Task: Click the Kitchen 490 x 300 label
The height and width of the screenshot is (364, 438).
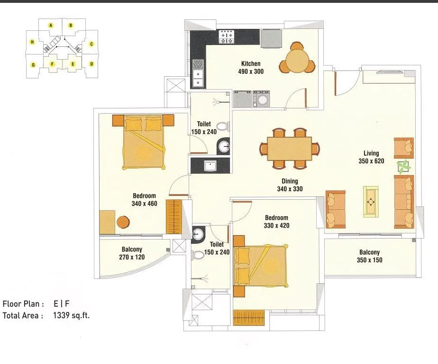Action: (251, 68)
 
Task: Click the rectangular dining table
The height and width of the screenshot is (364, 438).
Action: (289, 148)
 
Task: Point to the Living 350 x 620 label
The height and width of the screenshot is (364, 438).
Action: (371, 157)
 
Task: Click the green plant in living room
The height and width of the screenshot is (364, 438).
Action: (403, 167)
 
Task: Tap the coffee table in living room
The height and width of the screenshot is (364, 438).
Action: (371, 202)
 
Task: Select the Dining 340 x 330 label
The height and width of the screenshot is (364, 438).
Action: (290, 185)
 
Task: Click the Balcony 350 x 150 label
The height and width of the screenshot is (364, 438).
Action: (369, 257)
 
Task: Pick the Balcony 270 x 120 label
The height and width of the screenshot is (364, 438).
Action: (132, 253)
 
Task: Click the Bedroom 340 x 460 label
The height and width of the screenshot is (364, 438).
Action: (144, 200)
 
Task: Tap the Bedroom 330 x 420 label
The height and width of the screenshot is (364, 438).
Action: (276, 222)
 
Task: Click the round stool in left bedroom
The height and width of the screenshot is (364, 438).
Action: (123, 222)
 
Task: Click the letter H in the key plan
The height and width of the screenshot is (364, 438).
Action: (32, 42)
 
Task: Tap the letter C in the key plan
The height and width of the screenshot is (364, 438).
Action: (91, 44)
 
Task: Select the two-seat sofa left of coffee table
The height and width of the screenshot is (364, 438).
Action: (335, 208)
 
